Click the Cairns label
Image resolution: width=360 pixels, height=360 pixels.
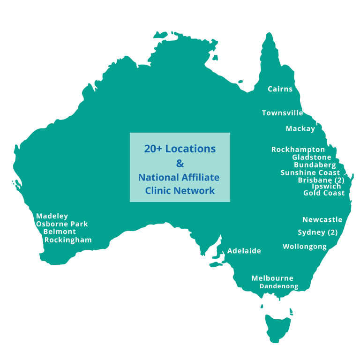[280, 89]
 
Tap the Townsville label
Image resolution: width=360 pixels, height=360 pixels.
[282, 113]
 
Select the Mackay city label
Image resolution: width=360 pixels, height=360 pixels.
[300, 129]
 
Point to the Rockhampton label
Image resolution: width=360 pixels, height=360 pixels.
[298, 150]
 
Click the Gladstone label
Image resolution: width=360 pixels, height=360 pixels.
[312, 157]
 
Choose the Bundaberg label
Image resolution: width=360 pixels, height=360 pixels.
[315, 165]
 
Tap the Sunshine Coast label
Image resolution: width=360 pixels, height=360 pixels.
[310, 173]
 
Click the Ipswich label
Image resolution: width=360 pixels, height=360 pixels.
[326, 187]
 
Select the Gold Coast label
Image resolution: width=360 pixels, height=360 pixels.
[324, 193]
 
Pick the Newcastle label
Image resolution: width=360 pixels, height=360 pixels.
[322, 220]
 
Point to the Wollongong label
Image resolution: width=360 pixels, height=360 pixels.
[305, 247]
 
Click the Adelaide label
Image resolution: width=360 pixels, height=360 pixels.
[244, 251]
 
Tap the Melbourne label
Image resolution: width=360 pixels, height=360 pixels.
[272, 278]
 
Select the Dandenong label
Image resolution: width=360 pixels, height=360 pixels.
[279, 286]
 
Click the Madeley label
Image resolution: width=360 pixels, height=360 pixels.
[52, 216]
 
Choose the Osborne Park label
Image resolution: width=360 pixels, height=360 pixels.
[62, 224]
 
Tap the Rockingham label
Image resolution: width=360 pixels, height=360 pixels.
[68, 240]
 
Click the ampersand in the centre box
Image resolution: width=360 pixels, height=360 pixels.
[180, 164]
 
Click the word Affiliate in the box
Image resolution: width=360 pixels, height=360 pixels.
[200, 178]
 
